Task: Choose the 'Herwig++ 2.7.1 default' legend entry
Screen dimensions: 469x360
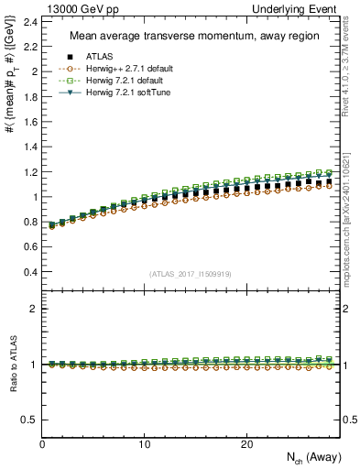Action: tap(121, 69)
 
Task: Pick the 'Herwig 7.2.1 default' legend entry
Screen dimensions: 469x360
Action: tap(120, 81)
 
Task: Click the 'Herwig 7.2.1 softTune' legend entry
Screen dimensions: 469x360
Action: tap(121, 93)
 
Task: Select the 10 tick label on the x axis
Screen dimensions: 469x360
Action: tap(145, 444)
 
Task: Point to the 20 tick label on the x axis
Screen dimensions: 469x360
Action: tap(246, 444)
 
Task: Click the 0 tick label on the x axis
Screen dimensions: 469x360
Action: tap(43, 444)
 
